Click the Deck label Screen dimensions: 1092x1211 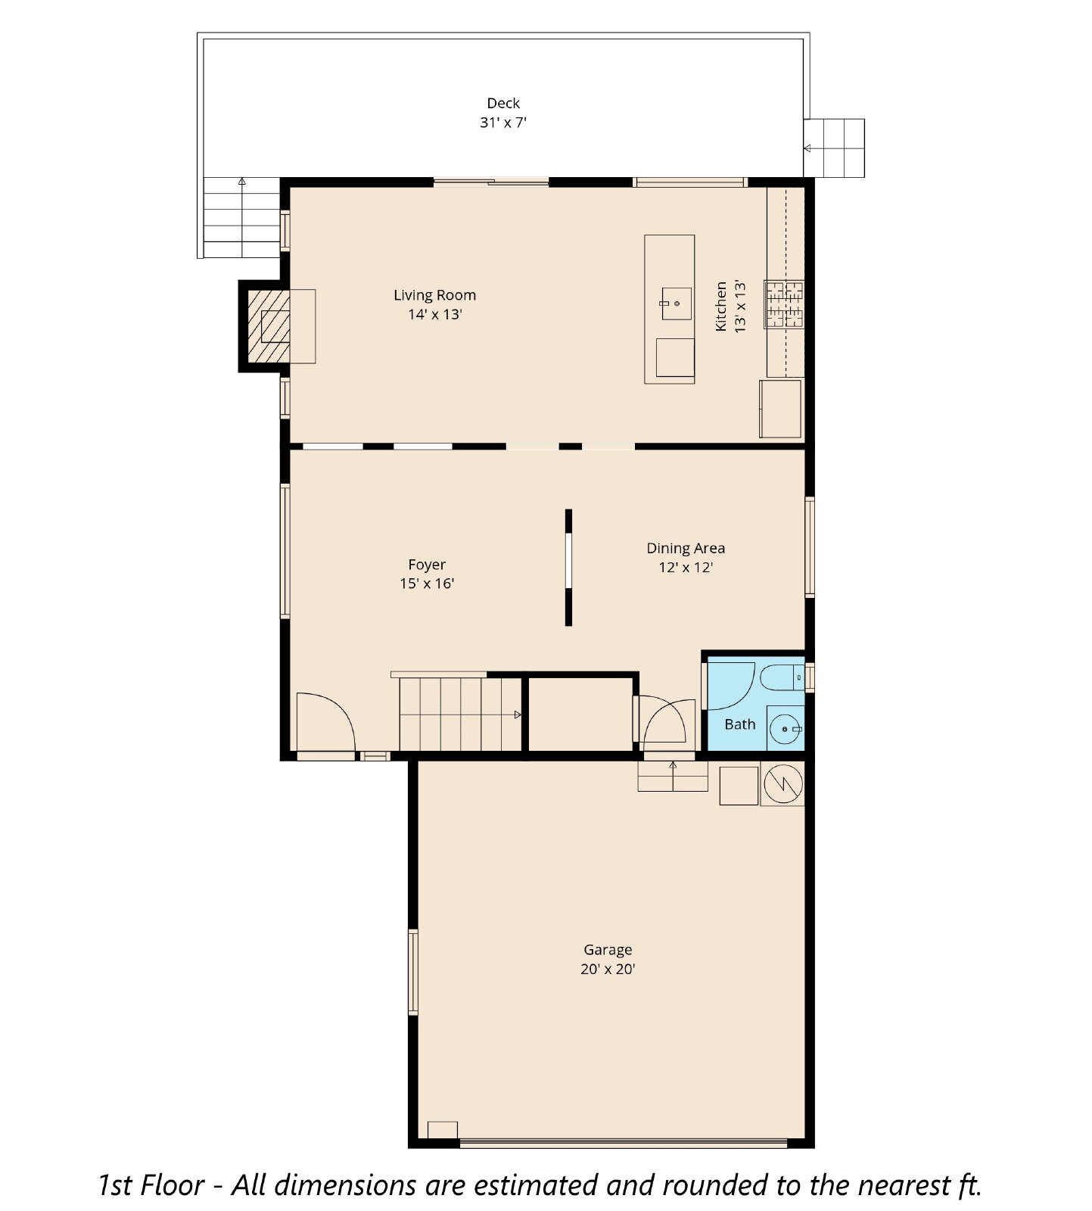click(503, 113)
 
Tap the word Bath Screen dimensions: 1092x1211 click(740, 724)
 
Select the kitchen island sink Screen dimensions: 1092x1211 click(677, 304)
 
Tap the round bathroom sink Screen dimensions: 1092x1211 click(786, 729)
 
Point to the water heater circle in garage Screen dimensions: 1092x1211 click(782, 783)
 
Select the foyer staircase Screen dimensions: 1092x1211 click(460, 714)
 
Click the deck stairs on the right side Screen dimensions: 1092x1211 click(834, 148)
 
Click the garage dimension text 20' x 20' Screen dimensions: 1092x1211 click(608, 969)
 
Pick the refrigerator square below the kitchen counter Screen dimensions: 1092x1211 click(780, 409)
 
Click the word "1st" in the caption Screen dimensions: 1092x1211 click(116, 1185)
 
